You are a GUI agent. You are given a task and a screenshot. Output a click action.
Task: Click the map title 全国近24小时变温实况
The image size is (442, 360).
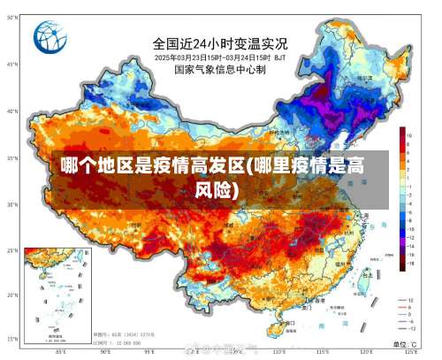220,43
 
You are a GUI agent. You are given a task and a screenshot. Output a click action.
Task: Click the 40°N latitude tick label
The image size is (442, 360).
12,111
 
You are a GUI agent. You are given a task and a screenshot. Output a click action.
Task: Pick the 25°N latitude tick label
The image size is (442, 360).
12,250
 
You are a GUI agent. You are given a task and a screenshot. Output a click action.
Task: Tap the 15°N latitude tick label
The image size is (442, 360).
12,340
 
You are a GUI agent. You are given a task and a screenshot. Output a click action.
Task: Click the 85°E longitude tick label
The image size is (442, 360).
61,352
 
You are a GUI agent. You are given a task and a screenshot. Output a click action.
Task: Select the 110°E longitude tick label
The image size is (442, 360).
277,352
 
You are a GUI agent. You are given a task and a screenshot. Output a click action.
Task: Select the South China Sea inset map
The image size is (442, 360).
58,292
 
